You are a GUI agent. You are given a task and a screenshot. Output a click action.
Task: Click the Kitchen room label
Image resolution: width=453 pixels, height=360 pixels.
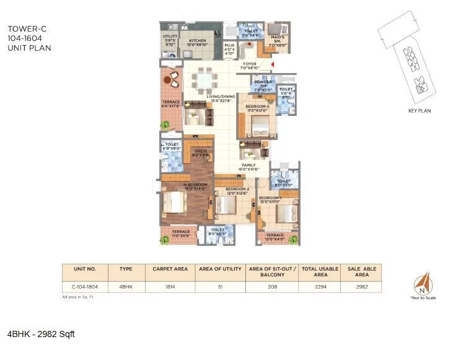(198, 40)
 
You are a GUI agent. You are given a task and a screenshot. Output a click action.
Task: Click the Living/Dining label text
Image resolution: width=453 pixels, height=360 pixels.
(221, 98)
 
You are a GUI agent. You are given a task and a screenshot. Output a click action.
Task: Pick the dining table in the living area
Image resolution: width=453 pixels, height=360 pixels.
(202, 80)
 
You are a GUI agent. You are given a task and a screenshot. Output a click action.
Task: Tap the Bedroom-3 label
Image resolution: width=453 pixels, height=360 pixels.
(257, 108)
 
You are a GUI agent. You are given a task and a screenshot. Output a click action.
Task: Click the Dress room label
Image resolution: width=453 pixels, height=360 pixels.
(200, 152)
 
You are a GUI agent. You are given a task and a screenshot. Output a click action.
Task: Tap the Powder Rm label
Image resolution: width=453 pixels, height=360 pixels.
(259, 88)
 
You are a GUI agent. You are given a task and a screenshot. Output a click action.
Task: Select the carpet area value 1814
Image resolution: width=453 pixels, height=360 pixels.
(169, 286)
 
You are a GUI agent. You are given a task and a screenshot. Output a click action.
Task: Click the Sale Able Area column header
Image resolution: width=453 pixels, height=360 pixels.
(362, 271)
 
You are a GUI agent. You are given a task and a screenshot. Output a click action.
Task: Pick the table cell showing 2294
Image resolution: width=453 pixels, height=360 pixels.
(320, 286)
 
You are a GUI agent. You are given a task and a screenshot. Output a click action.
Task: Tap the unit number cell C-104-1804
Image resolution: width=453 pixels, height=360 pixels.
(84, 286)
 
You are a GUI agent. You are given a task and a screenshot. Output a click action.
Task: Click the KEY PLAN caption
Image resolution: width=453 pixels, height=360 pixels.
(419, 111)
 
